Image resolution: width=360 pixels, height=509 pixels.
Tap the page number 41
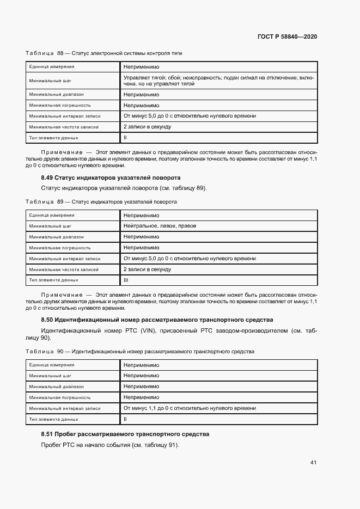tap(313, 463)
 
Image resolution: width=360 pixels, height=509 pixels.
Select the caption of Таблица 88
tap(104, 53)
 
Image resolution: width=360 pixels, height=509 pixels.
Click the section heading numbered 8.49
tap(111, 177)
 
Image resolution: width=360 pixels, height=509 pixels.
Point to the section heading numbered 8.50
tap(157, 320)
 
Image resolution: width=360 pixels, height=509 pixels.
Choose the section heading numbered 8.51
tap(125, 434)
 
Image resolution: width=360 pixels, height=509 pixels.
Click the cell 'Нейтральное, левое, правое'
tap(160, 226)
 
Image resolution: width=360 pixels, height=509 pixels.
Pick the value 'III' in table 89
tap(126, 280)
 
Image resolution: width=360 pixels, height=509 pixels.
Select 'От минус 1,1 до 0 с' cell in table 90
tap(190, 408)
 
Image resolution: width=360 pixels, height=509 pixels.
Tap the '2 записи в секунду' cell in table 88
tap(147, 127)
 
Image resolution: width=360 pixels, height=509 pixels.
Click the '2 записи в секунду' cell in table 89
tap(147, 269)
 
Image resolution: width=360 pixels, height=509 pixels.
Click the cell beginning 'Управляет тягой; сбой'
tap(218, 81)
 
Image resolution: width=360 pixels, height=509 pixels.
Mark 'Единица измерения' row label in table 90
tap(52, 365)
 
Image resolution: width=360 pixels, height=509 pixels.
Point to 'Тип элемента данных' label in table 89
tap(54, 280)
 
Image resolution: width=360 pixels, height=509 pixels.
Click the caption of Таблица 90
tap(140, 352)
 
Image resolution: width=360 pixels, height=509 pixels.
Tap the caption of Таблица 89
tap(101, 201)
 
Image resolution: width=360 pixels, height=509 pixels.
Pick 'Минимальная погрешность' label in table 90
tap(60, 397)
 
